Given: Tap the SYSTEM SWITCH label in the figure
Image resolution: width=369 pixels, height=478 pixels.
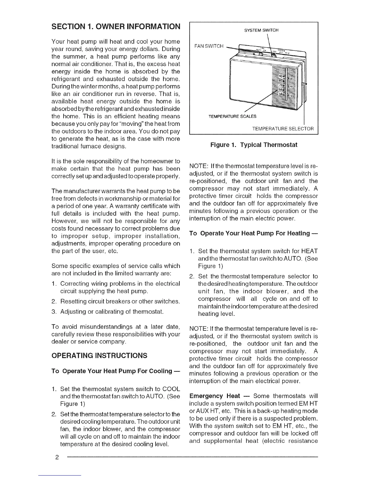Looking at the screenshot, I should [261, 30].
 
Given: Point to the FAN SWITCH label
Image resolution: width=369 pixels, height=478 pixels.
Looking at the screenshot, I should [209, 46].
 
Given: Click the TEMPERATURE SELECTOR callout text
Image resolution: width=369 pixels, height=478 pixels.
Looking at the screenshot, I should [283, 129].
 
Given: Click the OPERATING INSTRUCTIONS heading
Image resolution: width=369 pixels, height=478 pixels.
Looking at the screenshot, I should [99, 355].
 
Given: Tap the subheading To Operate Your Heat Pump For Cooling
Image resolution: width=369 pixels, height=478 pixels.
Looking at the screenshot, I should [116, 371].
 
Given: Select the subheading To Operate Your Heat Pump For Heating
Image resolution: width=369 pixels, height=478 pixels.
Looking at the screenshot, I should [254, 233].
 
